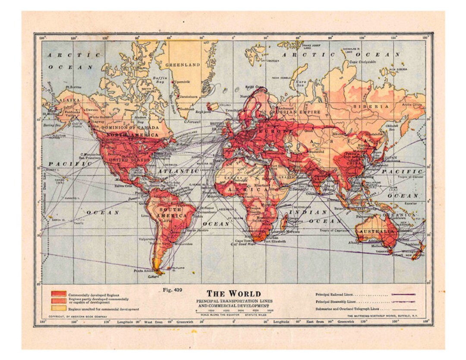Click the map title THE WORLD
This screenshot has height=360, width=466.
(x=233, y=294)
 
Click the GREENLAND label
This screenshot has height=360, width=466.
(x=183, y=65)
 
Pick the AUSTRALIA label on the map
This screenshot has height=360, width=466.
(x=377, y=232)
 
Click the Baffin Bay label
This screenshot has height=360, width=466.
(x=159, y=80)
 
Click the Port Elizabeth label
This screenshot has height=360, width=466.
(x=275, y=241)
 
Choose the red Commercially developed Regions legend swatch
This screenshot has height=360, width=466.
(x=59, y=294)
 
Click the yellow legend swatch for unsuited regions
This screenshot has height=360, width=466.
(x=59, y=308)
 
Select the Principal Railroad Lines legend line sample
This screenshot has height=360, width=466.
(x=403, y=294)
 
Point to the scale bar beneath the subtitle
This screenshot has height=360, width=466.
(x=233, y=310)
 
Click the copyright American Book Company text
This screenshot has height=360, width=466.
(x=77, y=316)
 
